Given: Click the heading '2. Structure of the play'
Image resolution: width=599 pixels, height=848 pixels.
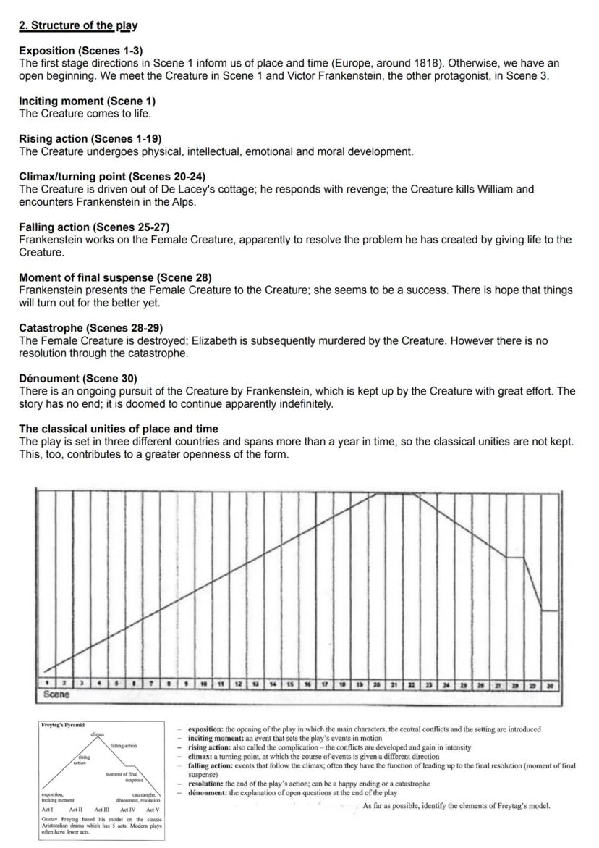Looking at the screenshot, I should [78, 26].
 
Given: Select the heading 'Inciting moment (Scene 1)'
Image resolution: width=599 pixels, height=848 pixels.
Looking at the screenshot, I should [87, 101].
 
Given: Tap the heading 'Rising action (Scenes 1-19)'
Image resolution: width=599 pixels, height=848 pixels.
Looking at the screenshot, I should [90, 139].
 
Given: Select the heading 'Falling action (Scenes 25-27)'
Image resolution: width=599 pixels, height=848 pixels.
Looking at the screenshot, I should [94, 227].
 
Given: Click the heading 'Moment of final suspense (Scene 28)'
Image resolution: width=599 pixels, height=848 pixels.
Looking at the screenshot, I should [115, 277].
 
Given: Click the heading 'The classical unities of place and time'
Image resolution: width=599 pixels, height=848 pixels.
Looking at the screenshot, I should [119, 429].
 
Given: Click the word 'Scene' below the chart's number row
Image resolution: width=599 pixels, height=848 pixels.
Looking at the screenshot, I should [56, 694].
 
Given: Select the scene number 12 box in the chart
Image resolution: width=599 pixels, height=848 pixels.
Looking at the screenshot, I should [238, 683].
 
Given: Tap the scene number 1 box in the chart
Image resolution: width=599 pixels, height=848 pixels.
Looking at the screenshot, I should [47, 683].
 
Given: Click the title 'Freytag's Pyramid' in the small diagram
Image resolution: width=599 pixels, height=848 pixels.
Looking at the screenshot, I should [63, 725].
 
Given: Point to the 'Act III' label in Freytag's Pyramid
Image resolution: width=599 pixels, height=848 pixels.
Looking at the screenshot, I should [103, 810].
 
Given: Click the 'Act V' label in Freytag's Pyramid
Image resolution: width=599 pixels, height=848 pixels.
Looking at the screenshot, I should [153, 810].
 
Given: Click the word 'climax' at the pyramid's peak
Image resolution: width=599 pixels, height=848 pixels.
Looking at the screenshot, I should [98, 734].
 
